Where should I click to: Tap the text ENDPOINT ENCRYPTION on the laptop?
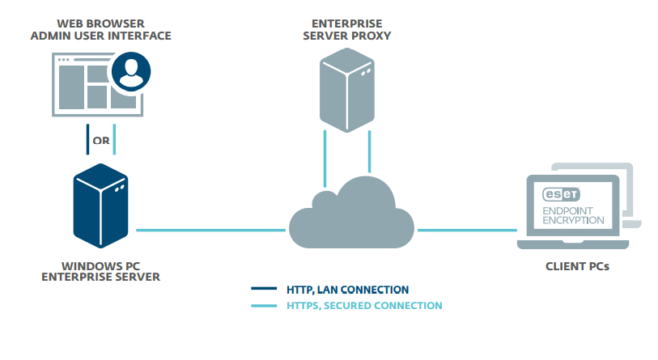coord(572,215)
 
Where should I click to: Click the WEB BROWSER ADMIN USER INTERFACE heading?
coord(102,30)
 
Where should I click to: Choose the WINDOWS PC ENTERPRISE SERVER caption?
coord(101,271)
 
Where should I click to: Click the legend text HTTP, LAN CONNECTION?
coord(347,290)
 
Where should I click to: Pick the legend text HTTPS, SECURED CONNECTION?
coord(364,306)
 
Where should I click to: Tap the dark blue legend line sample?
coord(264,290)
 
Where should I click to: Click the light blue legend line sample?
coord(264,306)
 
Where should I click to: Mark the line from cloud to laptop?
coord(465,231)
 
